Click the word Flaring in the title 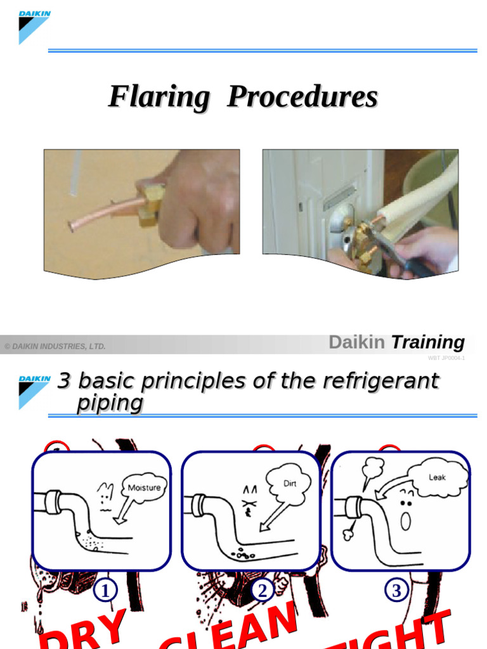coord(159,98)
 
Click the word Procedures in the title coord(302,98)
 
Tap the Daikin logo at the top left coord(34,27)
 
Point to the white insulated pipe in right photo coord(419,190)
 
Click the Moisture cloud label coord(145,487)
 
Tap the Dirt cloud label coord(289,482)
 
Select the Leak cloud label coord(438,477)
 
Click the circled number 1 coord(105,591)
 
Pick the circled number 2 coord(262,591)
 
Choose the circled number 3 coord(396,591)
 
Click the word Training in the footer coord(427,342)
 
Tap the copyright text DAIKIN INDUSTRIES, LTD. coord(55,346)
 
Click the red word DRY coord(82,631)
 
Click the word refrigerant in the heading coord(380,381)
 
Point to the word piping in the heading coord(110,403)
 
